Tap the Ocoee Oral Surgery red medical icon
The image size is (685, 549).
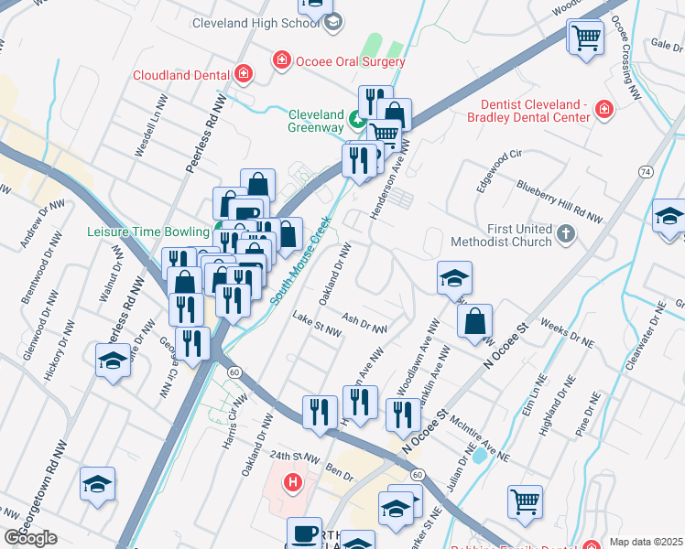tap(282, 61)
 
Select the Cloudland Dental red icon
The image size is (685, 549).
tap(243, 75)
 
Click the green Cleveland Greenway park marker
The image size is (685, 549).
tap(357, 119)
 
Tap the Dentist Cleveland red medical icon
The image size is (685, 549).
tap(603, 111)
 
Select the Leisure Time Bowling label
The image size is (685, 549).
tap(151, 232)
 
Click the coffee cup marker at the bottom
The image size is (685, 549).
tap(304, 533)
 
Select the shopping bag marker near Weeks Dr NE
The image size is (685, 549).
tap(474, 321)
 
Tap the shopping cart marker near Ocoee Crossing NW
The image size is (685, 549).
tap(585, 38)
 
